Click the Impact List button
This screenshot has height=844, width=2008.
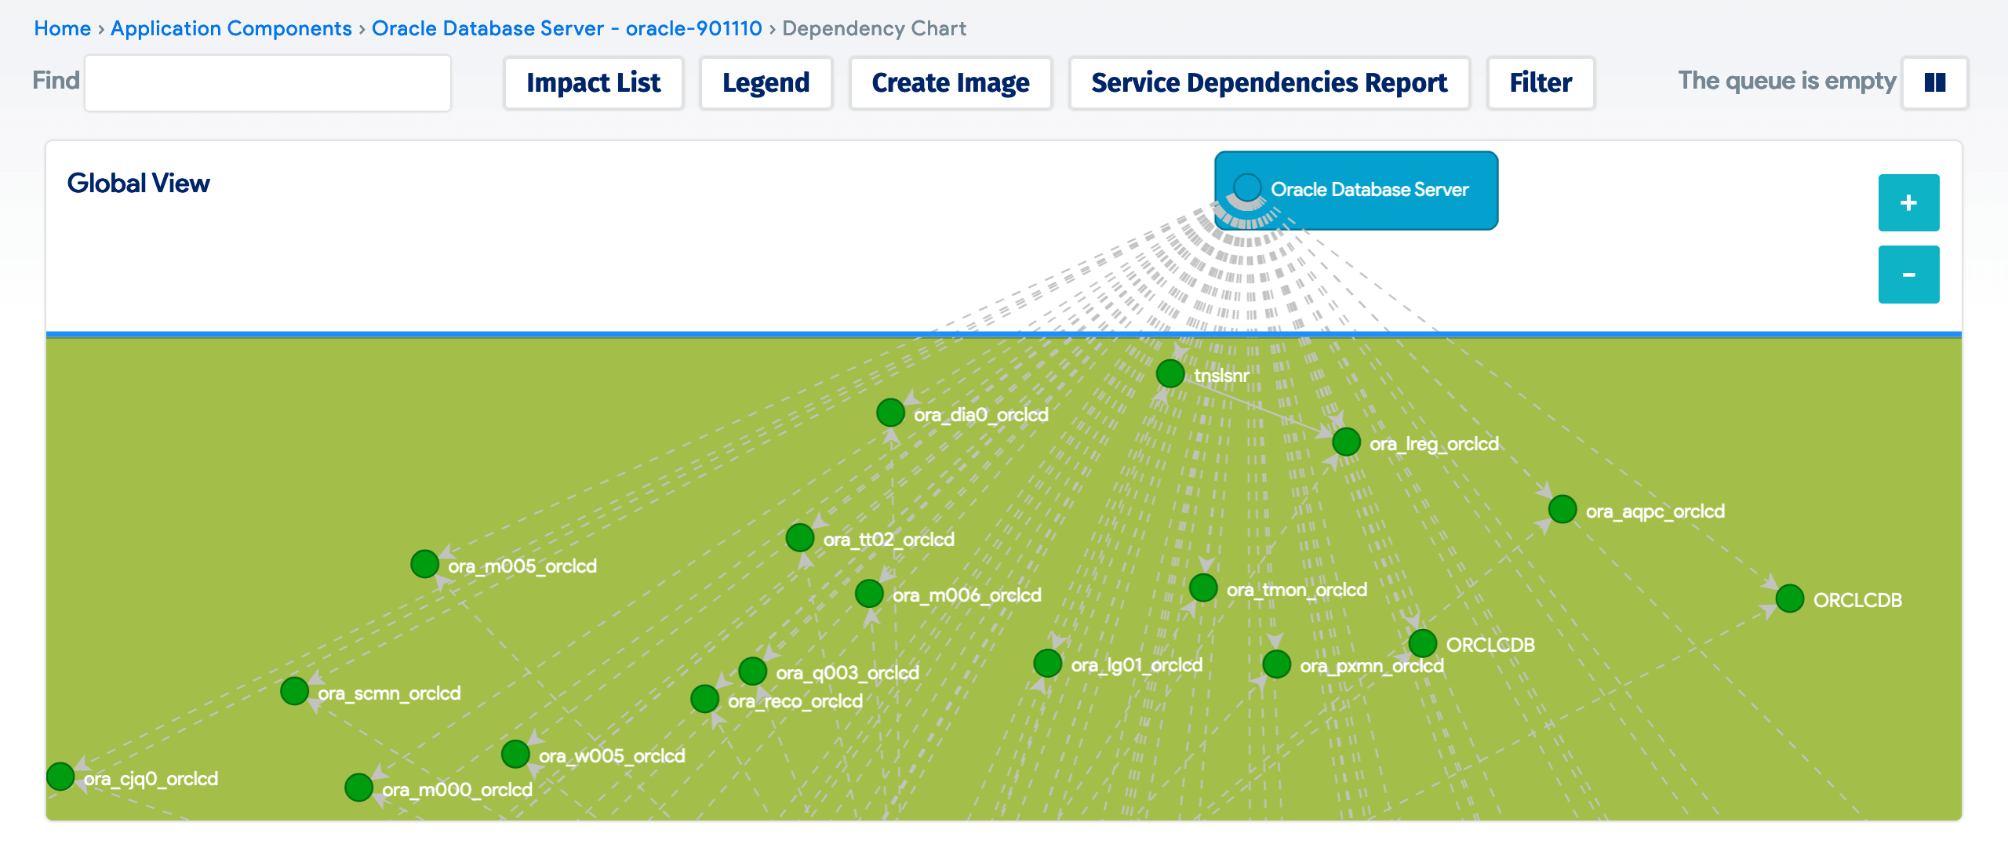pos(593,82)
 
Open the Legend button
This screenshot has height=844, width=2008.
pos(766,82)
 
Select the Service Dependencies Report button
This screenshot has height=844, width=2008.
pos(1268,82)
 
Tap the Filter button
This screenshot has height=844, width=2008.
pos(1540,82)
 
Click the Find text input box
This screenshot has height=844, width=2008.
pos(267,82)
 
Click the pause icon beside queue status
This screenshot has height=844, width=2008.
pos(1934,82)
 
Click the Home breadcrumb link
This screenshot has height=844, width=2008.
pos(62,28)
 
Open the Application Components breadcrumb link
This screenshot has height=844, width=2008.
pos(231,28)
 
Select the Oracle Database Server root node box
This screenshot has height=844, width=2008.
pos(1356,190)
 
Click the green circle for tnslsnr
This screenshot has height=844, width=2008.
pos(1170,373)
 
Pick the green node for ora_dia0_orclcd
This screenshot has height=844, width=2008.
pos(890,413)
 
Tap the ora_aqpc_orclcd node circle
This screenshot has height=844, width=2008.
pos(1562,509)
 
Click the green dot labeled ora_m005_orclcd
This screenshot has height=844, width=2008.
pos(424,564)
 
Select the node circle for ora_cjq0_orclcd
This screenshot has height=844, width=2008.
pos(60,777)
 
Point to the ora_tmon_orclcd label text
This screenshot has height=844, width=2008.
pos(1296,590)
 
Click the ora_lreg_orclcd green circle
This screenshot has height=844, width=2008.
pos(1346,442)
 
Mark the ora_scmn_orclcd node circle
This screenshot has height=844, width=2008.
pos(294,691)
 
